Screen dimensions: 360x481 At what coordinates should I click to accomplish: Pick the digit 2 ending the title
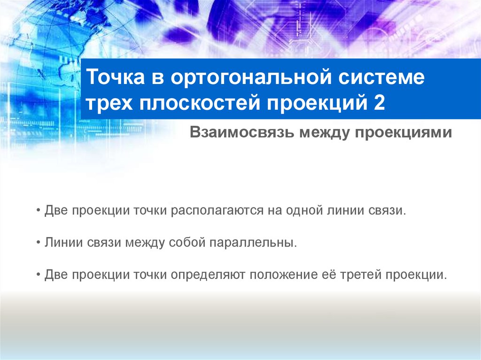[x=380, y=103]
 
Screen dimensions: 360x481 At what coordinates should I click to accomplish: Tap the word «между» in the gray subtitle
[x=319, y=133]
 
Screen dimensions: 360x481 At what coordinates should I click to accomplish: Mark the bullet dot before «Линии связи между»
[x=38, y=243]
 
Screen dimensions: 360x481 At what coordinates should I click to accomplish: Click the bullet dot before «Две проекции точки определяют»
[x=38, y=275]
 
